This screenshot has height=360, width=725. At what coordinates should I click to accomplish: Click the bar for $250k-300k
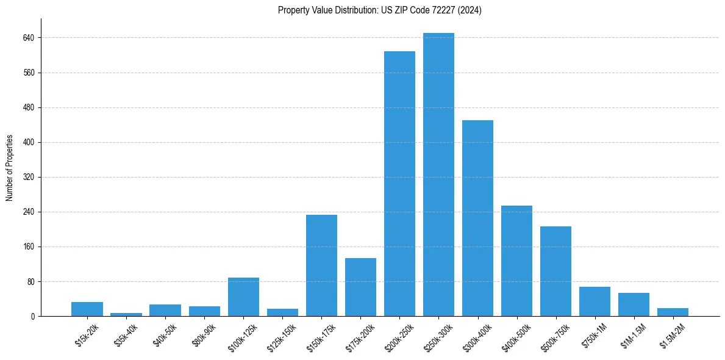click(x=438, y=175)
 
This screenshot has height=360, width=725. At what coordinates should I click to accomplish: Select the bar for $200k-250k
click(x=399, y=184)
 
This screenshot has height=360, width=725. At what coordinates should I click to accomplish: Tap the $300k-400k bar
click(x=477, y=218)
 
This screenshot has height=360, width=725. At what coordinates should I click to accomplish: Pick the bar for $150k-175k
click(x=321, y=265)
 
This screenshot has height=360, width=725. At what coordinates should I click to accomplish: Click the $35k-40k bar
click(x=126, y=314)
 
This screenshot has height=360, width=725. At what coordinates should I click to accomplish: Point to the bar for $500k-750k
click(x=555, y=272)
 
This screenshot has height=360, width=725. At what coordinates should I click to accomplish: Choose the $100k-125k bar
click(x=243, y=297)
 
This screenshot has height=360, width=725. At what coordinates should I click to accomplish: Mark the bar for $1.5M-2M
click(x=673, y=312)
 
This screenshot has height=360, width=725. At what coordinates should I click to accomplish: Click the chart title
click(x=379, y=10)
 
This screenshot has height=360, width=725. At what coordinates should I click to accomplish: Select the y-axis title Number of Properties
click(x=10, y=168)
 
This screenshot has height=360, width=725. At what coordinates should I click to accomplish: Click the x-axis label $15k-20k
click(x=87, y=336)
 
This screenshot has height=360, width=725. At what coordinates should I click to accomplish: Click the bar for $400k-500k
click(x=516, y=261)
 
